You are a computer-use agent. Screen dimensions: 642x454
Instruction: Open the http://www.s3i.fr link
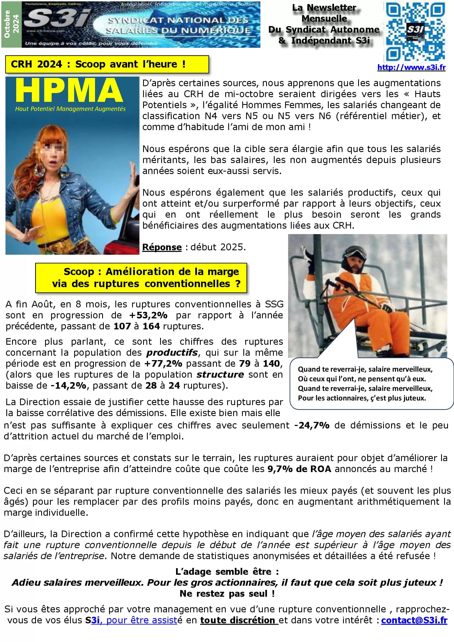(411, 68)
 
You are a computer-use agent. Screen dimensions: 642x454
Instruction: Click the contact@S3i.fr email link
(414, 620)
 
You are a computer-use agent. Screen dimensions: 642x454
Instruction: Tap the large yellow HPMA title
(69, 90)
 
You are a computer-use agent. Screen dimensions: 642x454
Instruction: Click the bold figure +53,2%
(148, 315)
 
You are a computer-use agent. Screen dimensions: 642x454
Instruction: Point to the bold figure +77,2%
(163, 363)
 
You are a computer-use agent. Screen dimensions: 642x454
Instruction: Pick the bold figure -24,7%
(312, 425)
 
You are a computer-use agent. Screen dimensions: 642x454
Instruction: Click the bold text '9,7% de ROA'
(299, 469)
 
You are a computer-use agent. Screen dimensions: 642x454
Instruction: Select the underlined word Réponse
(162, 247)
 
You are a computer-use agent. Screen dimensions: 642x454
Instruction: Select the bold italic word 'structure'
(220, 374)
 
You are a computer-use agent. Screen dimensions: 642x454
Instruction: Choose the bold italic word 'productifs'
(172, 353)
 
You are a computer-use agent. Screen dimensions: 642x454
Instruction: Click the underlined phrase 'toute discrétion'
(238, 620)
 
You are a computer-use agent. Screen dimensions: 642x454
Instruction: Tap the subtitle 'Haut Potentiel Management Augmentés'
(70, 109)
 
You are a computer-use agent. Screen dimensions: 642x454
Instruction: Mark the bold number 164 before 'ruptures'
(151, 326)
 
